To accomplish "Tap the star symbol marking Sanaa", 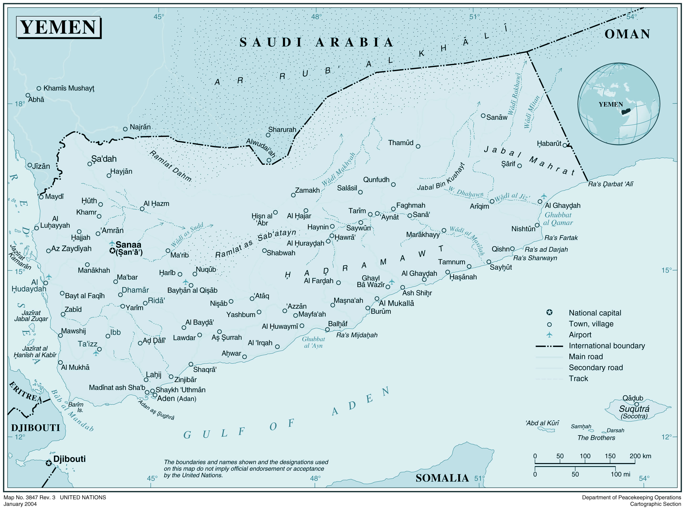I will click(112, 251).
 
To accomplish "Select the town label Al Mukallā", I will click(396, 303).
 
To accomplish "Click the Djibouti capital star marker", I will click(49, 463).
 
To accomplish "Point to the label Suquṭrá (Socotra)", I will click(634, 411).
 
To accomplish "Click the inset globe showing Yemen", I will click(619, 104).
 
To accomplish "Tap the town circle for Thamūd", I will click(418, 146).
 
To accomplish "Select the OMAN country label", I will click(627, 34).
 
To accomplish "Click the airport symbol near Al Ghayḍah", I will click(544, 196).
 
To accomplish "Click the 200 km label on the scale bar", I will click(640, 456).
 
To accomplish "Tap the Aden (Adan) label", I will click(176, 399).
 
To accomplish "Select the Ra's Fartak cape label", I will click(561, 238).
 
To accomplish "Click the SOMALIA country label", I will click(442, 478).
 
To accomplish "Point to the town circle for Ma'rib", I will click(168, 251).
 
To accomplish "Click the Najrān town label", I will click(140, 127).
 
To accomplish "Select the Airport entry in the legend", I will click(580, 335).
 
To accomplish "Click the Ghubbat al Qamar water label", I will click(558, 219).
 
